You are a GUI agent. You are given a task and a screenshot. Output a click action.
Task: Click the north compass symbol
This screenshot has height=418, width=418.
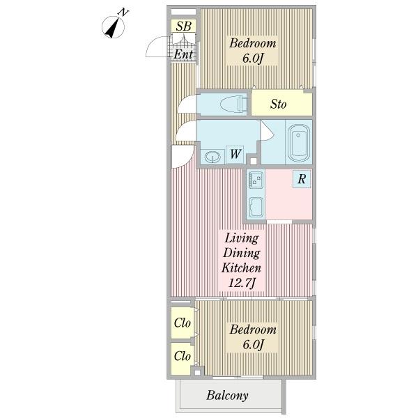point(114,26)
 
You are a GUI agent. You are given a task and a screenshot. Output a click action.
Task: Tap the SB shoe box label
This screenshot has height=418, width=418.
point(184,26)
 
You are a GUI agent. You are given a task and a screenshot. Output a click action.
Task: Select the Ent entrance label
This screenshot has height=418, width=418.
point(183,54)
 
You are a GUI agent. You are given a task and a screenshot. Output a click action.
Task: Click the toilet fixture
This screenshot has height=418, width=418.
point(234,104)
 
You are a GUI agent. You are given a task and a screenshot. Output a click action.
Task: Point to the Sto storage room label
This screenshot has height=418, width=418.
point(278,104)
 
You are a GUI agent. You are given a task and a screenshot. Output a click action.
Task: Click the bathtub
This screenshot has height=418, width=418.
point(298,143)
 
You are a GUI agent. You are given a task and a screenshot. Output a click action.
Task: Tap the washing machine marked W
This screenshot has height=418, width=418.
point(235,155)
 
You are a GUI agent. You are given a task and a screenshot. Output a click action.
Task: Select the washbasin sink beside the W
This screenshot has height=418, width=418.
point(212,157)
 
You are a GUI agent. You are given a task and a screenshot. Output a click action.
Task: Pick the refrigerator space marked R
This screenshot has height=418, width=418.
point(302,179)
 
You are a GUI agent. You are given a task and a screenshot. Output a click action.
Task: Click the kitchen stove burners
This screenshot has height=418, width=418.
point(256,180)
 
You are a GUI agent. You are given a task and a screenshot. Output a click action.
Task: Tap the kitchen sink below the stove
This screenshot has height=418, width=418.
point(256,207)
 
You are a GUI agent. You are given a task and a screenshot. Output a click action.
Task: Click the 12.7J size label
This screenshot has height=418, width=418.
point(242,283)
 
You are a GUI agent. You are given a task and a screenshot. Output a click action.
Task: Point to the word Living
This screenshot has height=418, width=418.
point(242,238)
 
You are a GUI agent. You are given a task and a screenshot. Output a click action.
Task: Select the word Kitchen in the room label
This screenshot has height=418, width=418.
point(241,268)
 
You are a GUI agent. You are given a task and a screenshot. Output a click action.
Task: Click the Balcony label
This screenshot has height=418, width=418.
point(227,396)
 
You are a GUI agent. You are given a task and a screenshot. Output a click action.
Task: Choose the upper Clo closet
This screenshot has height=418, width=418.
point(183,323)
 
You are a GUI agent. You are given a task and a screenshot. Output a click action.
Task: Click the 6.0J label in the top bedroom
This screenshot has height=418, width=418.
point(252,59)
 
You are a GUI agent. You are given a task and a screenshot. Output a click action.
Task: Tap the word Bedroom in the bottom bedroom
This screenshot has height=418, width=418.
point(253,330)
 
